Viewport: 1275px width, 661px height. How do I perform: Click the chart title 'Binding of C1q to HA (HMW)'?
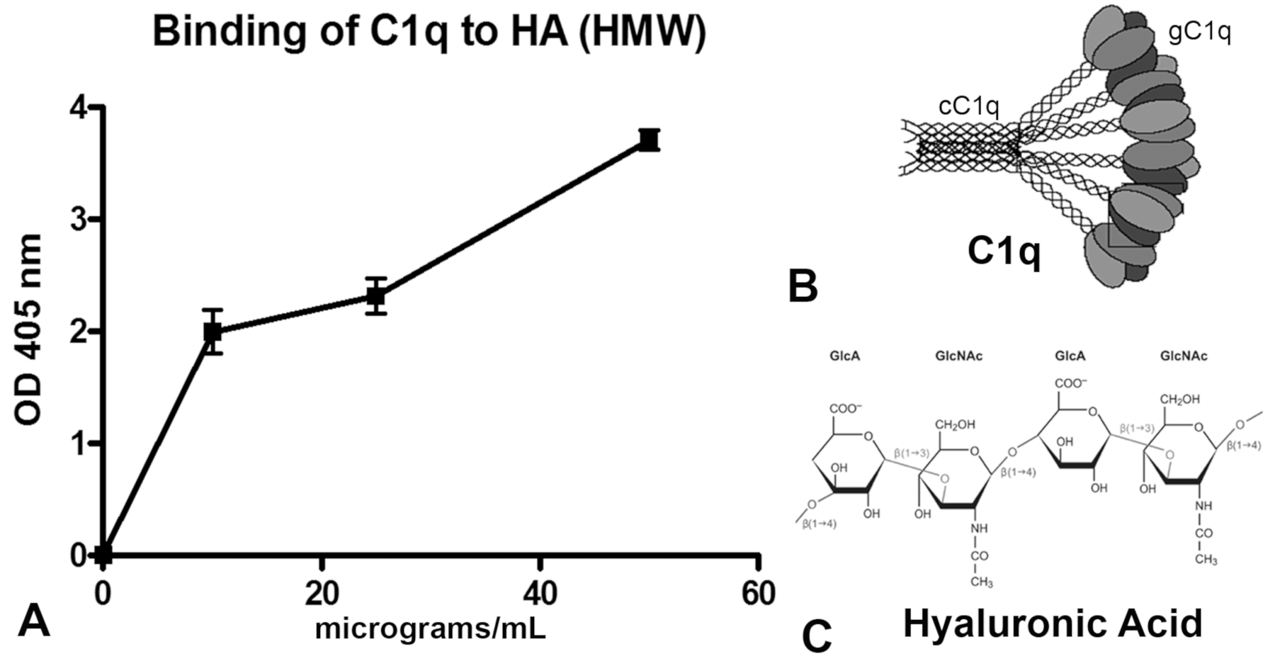click(x=429, y=33)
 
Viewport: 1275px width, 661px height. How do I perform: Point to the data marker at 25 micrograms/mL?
click(x=376, y=295)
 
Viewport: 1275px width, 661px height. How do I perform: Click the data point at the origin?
click(x=103, y=554)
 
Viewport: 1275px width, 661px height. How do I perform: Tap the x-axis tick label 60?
click(x=758, y=592)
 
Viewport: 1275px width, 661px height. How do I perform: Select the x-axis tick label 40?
click(x=540, y=592)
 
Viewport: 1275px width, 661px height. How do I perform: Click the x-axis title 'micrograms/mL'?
click(x=431, y=628)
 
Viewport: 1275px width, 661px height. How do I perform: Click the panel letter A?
click(x=34, y=621)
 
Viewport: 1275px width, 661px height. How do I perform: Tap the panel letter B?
click(x=803, y=286)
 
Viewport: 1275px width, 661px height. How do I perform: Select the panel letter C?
click(x=816, y=635)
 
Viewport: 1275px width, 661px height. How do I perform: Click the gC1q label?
click(x=1199, y=33)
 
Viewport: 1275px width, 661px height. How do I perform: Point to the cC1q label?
click(x=969, y=106)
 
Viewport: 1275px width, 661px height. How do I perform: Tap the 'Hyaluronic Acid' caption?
click(x=1053, y=623)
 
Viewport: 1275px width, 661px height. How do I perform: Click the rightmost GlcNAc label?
click(x=1184, y=356)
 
